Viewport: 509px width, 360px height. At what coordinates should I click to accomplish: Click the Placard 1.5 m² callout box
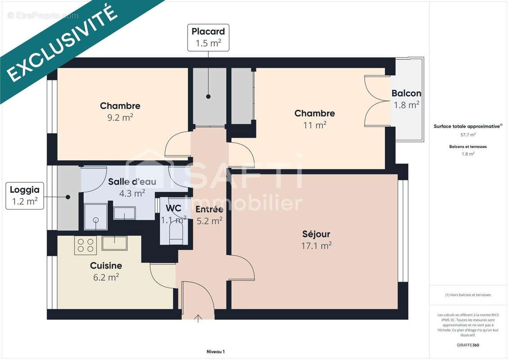[208, 37]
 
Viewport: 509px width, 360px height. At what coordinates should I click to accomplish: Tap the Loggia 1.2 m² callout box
[25, 196]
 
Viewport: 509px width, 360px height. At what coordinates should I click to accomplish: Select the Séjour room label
[316, 234]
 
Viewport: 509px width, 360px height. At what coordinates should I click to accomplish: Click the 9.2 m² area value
[120, 117]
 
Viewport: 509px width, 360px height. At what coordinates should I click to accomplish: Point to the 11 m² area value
[315, 125]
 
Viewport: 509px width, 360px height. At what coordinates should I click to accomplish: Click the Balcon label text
[406, 94]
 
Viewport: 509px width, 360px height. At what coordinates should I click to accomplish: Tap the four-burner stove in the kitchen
[86, 245]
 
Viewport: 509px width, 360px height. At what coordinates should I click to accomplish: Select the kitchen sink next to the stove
[114, 243]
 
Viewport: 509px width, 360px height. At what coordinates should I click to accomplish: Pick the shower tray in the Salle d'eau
[95, 217]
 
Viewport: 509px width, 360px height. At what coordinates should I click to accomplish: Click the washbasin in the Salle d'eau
[124, 213]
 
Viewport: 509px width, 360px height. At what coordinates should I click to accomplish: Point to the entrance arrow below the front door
[198, 319]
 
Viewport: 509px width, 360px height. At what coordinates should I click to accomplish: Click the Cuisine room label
[106, 265]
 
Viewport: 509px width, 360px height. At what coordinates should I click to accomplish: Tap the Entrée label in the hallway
[209, 209]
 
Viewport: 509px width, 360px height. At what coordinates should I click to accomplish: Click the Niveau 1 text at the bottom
[215, 351]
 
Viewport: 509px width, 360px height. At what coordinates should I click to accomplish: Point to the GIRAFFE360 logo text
[468, 345]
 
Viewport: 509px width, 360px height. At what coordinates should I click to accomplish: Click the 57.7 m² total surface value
[468, 135]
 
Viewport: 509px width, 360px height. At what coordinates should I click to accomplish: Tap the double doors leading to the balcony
[377, 103]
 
